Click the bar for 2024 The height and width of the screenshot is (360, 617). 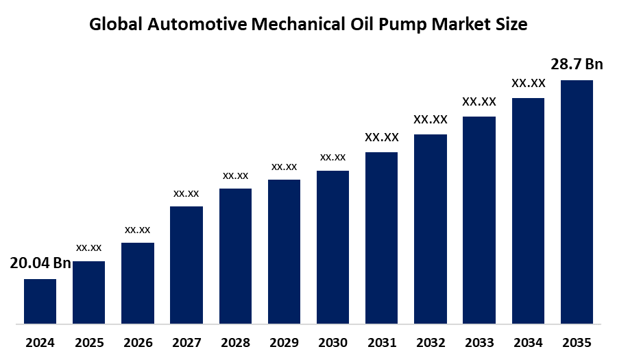40,301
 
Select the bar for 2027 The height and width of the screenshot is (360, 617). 186,265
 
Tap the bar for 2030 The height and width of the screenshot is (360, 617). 332,247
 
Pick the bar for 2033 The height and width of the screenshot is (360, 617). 479,219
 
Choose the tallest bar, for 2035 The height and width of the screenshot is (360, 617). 577,202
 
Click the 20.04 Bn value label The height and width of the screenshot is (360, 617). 40,264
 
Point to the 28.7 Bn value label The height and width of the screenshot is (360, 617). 577,64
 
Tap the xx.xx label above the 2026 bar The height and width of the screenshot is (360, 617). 137,230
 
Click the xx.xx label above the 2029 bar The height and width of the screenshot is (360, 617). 284,167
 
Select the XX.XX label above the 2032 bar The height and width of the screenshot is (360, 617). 431,119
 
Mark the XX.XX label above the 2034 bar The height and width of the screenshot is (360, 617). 528,83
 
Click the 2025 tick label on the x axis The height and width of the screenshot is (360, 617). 88,342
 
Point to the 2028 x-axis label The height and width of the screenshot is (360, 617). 235,342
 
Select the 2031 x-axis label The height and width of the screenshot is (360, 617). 382,342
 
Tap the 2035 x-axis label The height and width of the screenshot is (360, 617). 577,342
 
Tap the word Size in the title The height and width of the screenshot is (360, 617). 511,25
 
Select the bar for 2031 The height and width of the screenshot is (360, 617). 381,237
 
